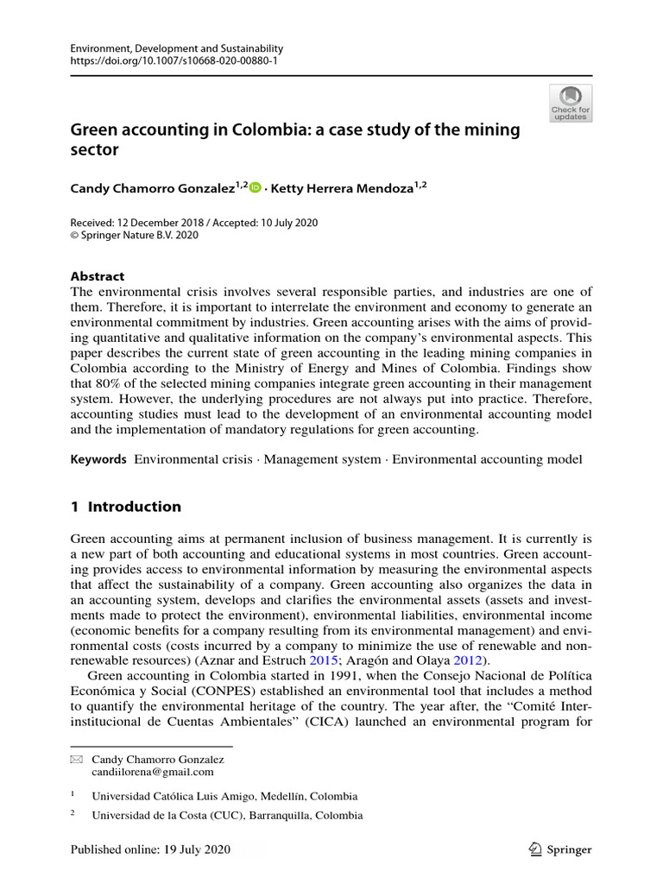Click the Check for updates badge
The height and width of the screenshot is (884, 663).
(x=571, y=103)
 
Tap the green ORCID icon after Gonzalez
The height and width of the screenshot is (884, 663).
(x=255, y=187)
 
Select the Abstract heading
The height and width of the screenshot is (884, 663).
(x=97, y=276)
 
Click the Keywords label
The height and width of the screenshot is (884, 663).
(x=98, y=459)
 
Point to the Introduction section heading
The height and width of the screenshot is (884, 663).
(x=125, y=507)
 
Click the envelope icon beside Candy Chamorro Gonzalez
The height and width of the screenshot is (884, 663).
(x=76, y=760)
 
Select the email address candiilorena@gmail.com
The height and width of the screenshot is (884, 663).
(x=153, y=772)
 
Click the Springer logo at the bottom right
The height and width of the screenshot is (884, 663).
(x=559, y=849)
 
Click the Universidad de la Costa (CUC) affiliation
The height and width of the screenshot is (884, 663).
(x=227, y=816)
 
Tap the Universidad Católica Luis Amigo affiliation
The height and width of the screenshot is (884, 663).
(x=224, y=796)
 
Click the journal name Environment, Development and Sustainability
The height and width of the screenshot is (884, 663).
(x=176, y=49)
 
